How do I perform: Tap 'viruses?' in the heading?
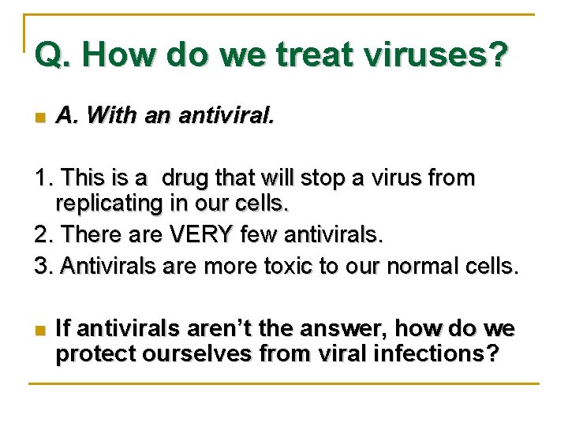tap(446, 55)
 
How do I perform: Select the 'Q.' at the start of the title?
tap(54, 55)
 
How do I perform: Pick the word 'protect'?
tap(95, 354)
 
